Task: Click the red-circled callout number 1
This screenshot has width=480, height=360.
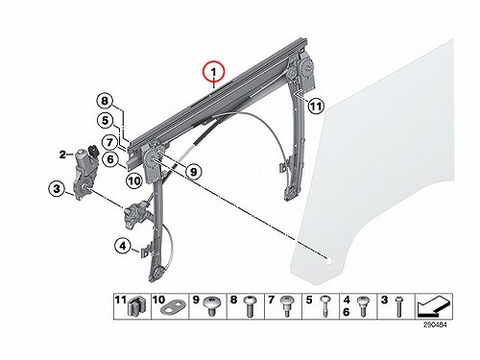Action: tap(214, 72)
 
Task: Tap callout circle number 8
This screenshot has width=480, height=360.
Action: tap(106, 101)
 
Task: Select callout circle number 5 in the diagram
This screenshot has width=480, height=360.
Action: tap(106, 121)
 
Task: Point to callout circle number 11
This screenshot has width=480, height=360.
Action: tap(316, 106)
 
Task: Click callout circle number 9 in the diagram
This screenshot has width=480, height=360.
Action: tap(194, 172)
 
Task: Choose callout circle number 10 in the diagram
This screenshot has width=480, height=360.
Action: tap(134, 181)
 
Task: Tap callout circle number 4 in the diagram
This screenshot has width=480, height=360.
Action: tap(123, 246)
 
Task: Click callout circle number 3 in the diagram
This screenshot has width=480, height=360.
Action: tap(57, 188)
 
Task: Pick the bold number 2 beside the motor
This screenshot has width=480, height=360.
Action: tap(62, 155)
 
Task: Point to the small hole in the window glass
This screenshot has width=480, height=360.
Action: tap(328, 260)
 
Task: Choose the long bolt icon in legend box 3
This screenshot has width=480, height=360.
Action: tap(399, 306)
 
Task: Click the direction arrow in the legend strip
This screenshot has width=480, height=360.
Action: tap(434, 306)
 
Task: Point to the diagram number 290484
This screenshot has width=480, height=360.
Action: tap(435, 324)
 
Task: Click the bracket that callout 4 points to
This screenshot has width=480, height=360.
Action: tap(145, 250)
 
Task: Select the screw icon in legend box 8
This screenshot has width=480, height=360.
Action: tap(250, 306)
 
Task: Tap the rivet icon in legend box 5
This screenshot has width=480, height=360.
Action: tap(325, 306)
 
